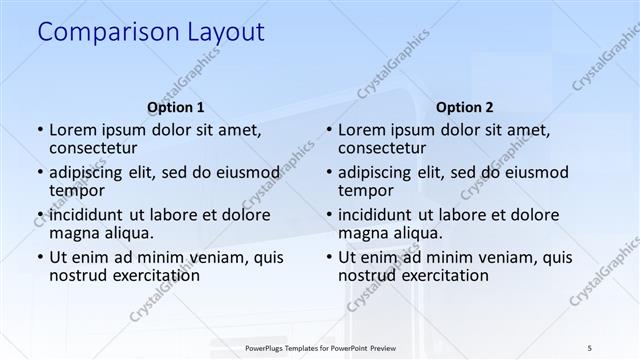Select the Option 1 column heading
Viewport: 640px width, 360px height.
coord(176,107)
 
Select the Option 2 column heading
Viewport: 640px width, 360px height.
coord(465,107)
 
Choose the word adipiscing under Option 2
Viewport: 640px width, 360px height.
coord(375,172)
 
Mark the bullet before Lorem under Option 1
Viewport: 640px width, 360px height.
coord(39,130)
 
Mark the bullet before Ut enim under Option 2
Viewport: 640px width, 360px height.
coord(328,258)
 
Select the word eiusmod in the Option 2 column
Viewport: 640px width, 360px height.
coord(533,172)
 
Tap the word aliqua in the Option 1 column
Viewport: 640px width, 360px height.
coord(139,233)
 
